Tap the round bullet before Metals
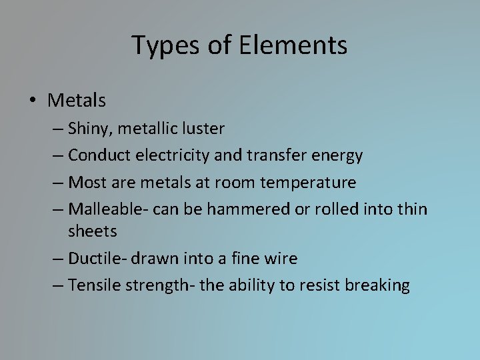pyautogui.click(x=33, y=101)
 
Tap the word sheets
pyautogui.click(x=92, y=232)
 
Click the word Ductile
pyautogui.click(x=95, y=258)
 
